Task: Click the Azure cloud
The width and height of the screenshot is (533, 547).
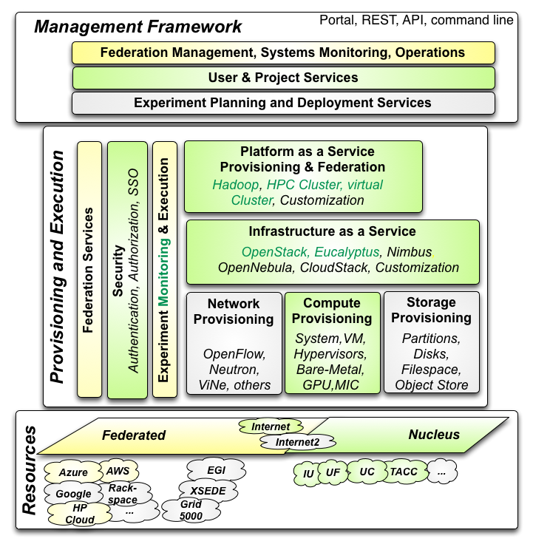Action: click(x=72, y=472)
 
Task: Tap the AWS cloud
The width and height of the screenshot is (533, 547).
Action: click(x=118, y=471)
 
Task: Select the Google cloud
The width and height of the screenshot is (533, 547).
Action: click(x=73, y=494)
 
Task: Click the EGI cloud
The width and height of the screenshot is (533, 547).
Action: click(x=217, y=470)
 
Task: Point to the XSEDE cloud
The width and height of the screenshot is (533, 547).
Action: click(x=208, y=491)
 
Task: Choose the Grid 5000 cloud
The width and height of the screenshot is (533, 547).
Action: click(x=191, y=510)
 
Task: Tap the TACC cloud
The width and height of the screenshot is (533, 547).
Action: click(x=404, y=472)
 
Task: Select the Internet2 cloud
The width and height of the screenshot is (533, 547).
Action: click(x=297, y=442)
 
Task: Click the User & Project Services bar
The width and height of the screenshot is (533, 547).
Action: click(x=283, y=78)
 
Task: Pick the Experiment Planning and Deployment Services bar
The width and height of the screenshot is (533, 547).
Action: click(x=283, y=103)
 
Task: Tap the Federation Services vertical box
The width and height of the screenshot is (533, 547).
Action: click(x=89, y=269)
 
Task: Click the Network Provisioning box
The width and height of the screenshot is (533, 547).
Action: click(x=234, y=343)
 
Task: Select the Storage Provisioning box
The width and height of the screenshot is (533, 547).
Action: click(x=432, y=342)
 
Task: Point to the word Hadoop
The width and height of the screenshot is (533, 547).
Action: click(x=236, y=185)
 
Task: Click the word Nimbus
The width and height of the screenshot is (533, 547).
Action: click(x=410, y=251)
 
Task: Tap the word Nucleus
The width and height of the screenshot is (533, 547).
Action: click(x=434, y=435)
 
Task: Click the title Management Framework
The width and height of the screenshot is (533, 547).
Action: click(x=138, y=27)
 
